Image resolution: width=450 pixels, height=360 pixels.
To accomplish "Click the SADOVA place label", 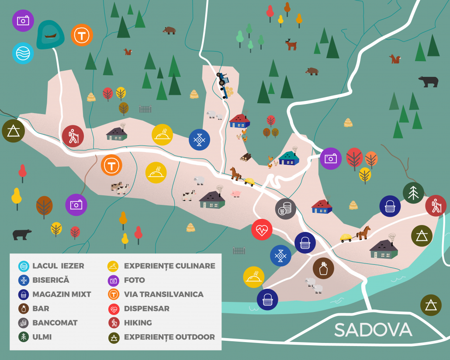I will tap(373, 330).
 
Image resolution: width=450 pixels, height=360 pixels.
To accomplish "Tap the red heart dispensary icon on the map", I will tap(262, 230).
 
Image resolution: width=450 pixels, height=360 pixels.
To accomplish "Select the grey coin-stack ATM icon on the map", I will tap(285, 209).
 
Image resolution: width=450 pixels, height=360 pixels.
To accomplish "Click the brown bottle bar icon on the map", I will tap(323, 268).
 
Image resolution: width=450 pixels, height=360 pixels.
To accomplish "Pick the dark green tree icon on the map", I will tap(413, 193).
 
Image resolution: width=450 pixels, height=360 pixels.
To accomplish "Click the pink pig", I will tap(236, 194).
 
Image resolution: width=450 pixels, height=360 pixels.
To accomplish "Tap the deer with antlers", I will tap(291, 44).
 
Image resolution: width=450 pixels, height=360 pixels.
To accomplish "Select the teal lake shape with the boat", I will tap(50, 35).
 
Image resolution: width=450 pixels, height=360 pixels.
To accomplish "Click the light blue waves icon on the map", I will tap(23, 53).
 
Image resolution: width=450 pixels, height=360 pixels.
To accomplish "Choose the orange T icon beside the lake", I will tap(82, 35).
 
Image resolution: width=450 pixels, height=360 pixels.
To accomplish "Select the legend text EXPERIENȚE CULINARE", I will tap(170, 266).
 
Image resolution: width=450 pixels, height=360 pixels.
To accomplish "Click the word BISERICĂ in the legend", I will tap(51, 280).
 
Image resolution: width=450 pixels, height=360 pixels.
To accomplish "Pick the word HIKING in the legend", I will tap(138, 323).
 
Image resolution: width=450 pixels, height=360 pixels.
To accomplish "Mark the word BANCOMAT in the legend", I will tap(55, 323).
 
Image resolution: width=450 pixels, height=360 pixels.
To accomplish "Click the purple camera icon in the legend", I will tap(114, 280).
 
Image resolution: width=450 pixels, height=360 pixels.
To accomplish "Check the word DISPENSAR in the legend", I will tap(147, 308).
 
